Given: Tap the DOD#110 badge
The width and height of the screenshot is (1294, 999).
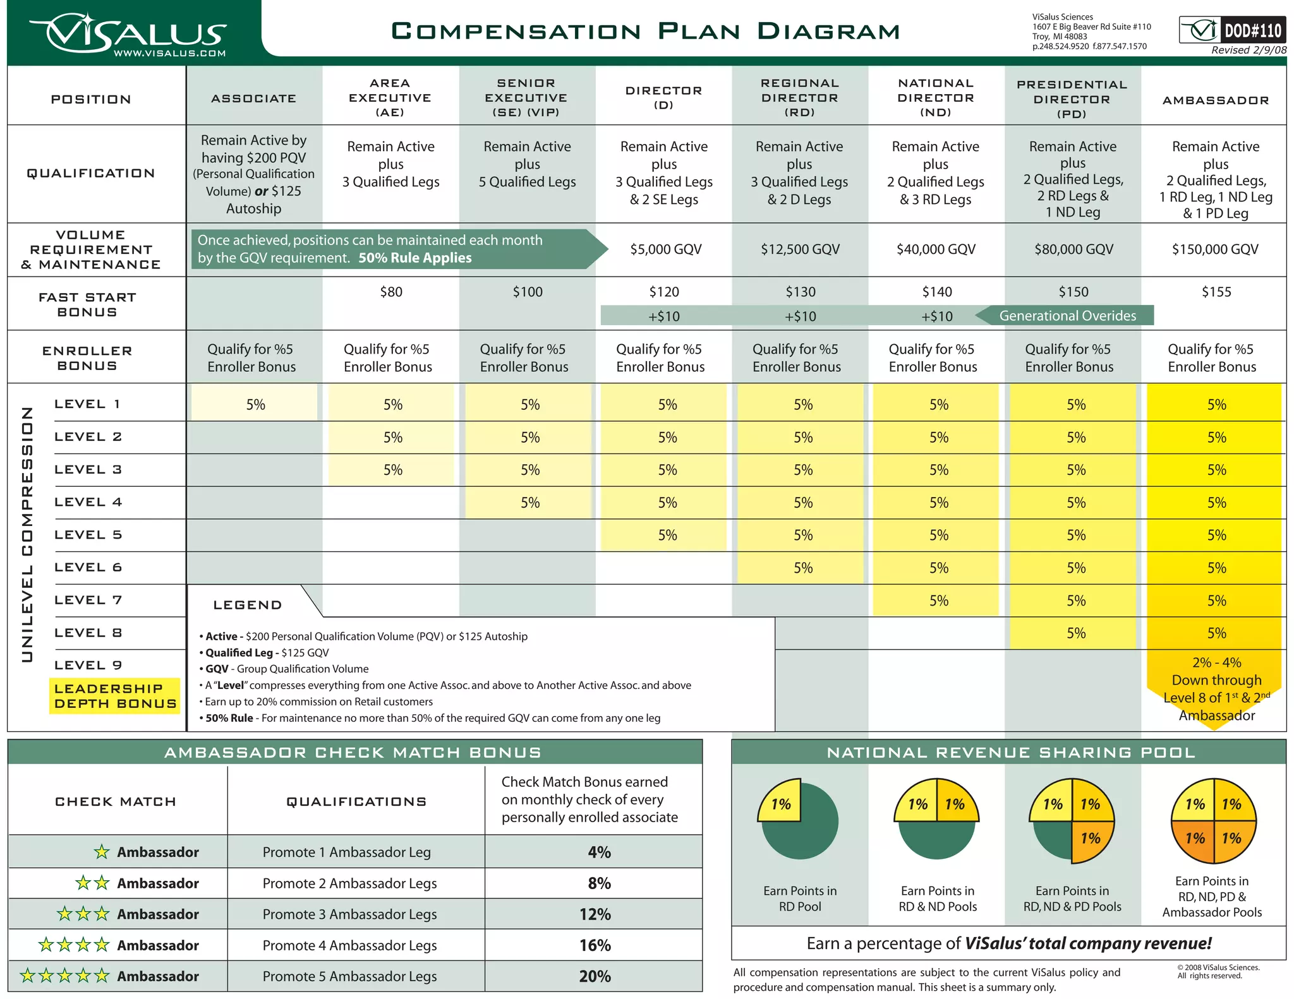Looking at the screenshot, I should tap(1232, 30).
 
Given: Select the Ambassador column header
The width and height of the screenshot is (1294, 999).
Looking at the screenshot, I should tap(1215, 100).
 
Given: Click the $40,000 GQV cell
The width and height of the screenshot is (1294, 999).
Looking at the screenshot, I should tap(936, 249).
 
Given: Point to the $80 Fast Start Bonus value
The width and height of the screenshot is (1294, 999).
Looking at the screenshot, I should tap(391, 292).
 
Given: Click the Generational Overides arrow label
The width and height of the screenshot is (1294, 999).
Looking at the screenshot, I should tap(1067, 316).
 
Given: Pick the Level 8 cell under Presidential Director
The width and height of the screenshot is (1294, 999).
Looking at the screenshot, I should tap(1075, 633).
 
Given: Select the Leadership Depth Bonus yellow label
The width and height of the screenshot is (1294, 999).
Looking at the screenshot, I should tap(115, 696).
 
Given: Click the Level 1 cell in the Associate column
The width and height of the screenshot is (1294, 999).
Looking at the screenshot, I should tap(255, 404).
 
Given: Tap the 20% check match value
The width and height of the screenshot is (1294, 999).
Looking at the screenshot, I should tap(595, 976).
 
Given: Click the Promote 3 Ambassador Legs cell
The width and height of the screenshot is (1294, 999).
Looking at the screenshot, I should tap(349, 914).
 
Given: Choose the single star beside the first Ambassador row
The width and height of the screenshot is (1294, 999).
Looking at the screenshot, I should tap(102, 852).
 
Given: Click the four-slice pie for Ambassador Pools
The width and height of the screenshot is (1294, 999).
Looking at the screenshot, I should tap(1213, 821).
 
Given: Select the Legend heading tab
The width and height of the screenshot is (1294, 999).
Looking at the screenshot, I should tap(248, 605).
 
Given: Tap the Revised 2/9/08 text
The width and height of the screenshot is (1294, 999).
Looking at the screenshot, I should tap(1248, 51).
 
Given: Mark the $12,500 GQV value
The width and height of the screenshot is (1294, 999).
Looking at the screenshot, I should tap(800, 249).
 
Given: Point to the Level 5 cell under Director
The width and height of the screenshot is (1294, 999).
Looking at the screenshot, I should tap(667, 535).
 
